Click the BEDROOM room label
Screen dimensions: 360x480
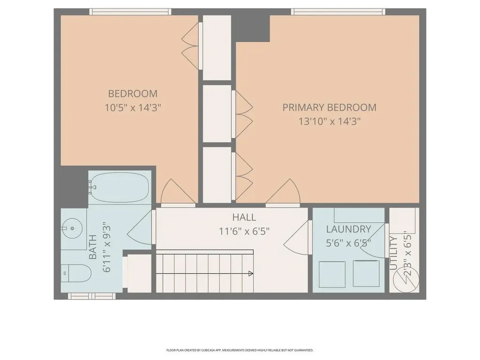pyautogui.click(x=133, y=93)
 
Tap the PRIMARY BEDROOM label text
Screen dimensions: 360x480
pyautogui.click(x=329, y=107)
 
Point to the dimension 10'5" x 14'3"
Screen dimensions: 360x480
pyautogui.click(x=133, y=107)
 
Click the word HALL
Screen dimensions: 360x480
pyautogui.click(x=244, y=217)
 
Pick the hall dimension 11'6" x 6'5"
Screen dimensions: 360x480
pyautogui.click(x=244, y=231)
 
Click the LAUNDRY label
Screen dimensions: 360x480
pyautogui.click(x=348, y=229)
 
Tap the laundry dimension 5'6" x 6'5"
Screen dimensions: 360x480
pyautogui.click(x=348, y=243)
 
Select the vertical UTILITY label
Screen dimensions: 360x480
pyautogui.click(x=394, y=253)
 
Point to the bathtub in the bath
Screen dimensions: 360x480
pyautogui.click(x=119, y=187)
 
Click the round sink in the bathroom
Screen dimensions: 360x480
pyautogui.click(x=73, y=229)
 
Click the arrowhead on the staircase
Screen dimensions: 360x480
pyautogui.click(x=251, y=274)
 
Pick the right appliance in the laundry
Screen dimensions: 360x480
pyautogui.click(x=366, y=273)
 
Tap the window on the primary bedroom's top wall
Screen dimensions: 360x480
pyautogui.click(x=337, y=12)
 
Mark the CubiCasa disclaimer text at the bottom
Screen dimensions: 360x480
pyautogui.click(x=240, y=350)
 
